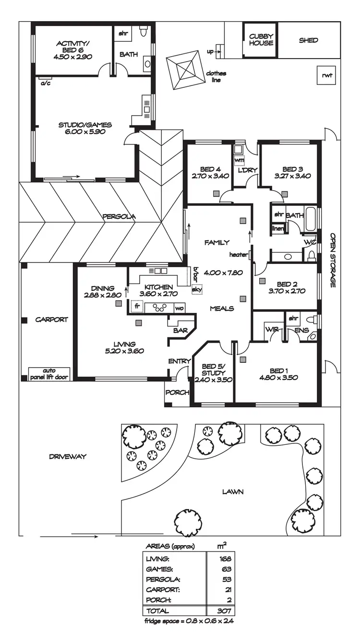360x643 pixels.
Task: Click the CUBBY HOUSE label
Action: tap(261, 39)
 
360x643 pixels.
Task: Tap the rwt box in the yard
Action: tap(327, 75)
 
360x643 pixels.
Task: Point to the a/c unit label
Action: tap(46, 83)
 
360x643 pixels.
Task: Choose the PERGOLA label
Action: tap(119, 216)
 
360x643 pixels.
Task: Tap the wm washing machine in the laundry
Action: tap(239, 160)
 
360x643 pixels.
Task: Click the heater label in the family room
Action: tap(238, 254)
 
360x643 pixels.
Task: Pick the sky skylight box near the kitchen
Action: tap(197, 289)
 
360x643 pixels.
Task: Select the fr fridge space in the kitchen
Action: tap(137, 306)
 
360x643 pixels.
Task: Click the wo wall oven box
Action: tap(179, 308)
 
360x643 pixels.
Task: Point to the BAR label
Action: tap(180, 331)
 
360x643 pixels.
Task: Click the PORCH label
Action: tap(177, 393)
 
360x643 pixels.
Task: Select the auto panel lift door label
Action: tap(49, 374)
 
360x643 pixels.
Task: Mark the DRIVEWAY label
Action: tap(68, 456)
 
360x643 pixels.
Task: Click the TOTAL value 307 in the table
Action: tap(224, 611)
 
